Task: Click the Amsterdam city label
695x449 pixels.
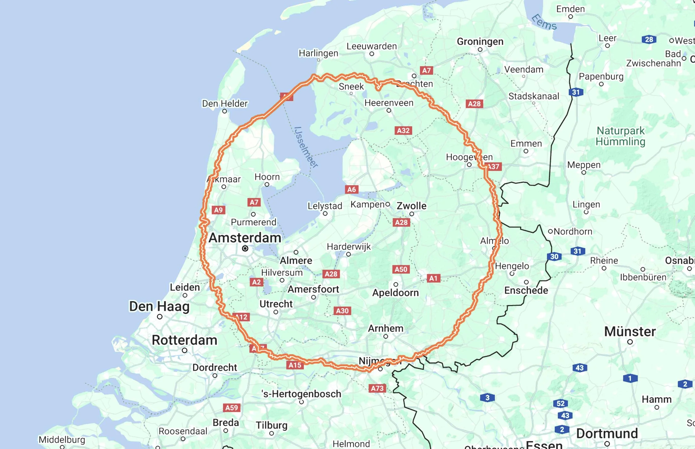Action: [245, 238]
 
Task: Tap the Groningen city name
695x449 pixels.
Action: [480, 41]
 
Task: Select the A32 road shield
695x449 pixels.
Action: [403, 130]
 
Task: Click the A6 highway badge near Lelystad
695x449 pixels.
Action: [351, 190]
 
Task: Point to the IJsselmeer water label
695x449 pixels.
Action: [306, 147]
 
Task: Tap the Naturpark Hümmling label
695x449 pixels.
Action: [620, 136]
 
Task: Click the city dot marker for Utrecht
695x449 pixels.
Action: [276, 312]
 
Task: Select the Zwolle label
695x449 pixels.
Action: [411, 206]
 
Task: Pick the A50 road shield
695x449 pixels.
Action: [401, 269]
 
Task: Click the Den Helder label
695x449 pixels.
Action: [225, 104]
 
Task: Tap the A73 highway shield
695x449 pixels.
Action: [377, 388]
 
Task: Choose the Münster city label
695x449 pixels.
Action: [630, 332]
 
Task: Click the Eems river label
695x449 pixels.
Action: [544, 22]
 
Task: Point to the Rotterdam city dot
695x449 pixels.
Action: [185, 350]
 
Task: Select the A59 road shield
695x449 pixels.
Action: [232, 408]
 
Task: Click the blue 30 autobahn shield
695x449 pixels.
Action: [554, 257]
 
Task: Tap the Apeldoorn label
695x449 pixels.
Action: [395, 292]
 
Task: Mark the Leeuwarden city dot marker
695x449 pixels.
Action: [372, 54]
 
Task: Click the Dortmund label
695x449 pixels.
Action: [607, 433]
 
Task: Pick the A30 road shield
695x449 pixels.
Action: [342, 311]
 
